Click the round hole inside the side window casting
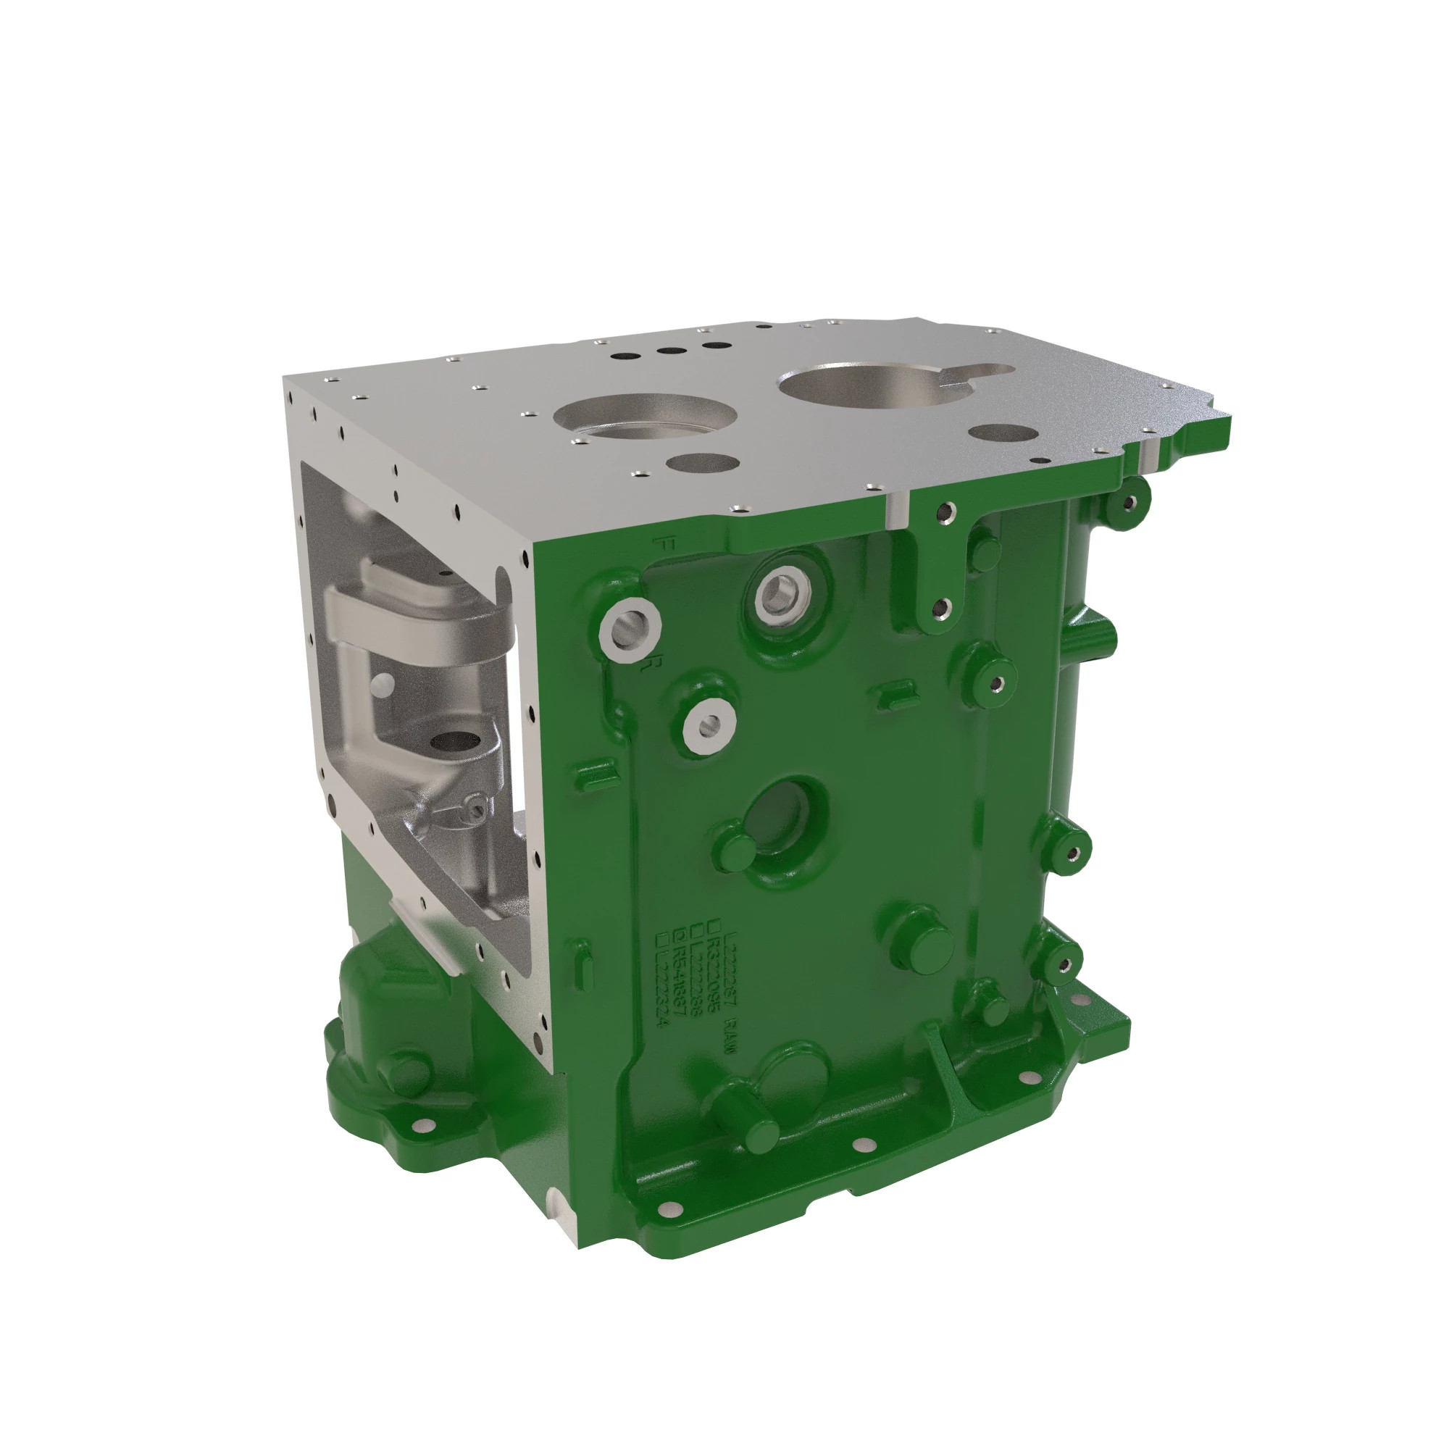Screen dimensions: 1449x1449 (454, 743)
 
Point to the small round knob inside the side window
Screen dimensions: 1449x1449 (383, 682)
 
